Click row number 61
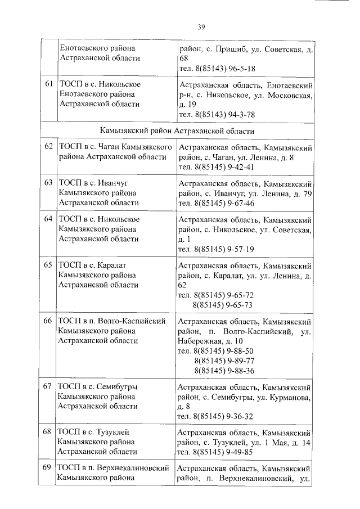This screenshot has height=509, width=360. pos(48,84)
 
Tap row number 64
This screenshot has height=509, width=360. pos(48,219)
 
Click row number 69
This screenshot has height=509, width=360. pos(48,468)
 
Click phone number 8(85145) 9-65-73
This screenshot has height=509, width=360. pos(223,305)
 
